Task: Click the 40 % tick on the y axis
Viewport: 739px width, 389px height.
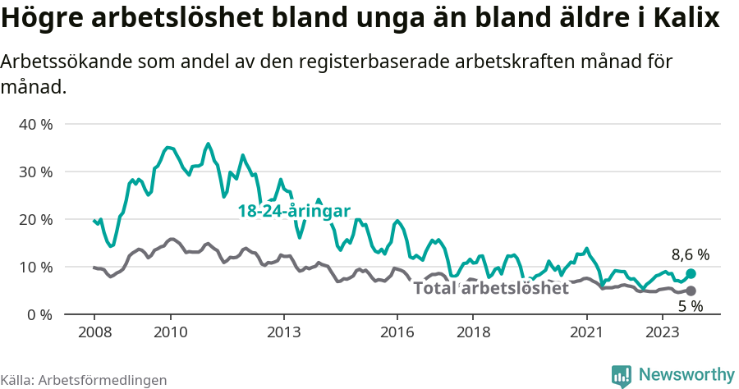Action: (x=35, y=125)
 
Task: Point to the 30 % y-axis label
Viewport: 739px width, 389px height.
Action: (x=35, y=172)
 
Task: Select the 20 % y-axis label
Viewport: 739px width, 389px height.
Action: (x=35, y=219)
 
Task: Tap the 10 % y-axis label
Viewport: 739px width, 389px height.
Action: (x=35, y=267)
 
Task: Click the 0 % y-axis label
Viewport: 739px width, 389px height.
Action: (x=39, y=314)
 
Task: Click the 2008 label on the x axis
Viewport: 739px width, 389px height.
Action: (x=94, y=332)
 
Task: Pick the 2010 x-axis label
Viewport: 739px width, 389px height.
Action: (x=170, y=332)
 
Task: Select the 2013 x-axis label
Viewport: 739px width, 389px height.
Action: (x=284, y=332)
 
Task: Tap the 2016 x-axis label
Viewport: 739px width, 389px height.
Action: (x=397, y=332)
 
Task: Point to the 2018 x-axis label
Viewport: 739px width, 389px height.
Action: (x=473, y=332)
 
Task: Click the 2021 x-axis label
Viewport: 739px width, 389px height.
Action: (x=587, y=332)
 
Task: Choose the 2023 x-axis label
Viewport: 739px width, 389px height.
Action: (x=663, y=332)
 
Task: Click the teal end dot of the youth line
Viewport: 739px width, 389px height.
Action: (x=691, y=273)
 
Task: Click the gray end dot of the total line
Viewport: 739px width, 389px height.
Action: (x=691, y=291)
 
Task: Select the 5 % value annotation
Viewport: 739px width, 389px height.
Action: (x=690, y=306)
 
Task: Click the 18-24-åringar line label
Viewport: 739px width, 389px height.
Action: (x=294, y=211)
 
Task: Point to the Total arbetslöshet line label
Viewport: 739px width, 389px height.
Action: (x=490, y=288)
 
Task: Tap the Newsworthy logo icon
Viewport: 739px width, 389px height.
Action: (x=622, y=375)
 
